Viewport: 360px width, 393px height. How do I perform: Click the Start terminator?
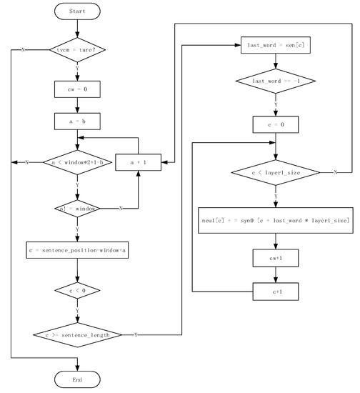[77, 12]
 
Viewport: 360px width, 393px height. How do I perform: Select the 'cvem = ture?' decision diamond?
[77, 50]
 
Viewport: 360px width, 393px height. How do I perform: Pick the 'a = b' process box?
[77, 121]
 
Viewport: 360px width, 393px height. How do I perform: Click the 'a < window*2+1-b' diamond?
[77, 163]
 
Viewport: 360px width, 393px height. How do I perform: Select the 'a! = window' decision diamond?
[77, 209]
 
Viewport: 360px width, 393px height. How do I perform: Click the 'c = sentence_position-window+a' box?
[77, 251]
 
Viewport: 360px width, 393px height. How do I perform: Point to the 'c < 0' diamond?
[77, 291]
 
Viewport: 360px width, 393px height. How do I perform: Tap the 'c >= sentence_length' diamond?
[77, 334]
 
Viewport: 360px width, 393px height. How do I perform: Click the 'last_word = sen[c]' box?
[275, 45]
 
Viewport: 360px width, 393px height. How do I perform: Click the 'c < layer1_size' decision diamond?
[275, 172]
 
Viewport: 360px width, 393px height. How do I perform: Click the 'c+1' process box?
[275, 291]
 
